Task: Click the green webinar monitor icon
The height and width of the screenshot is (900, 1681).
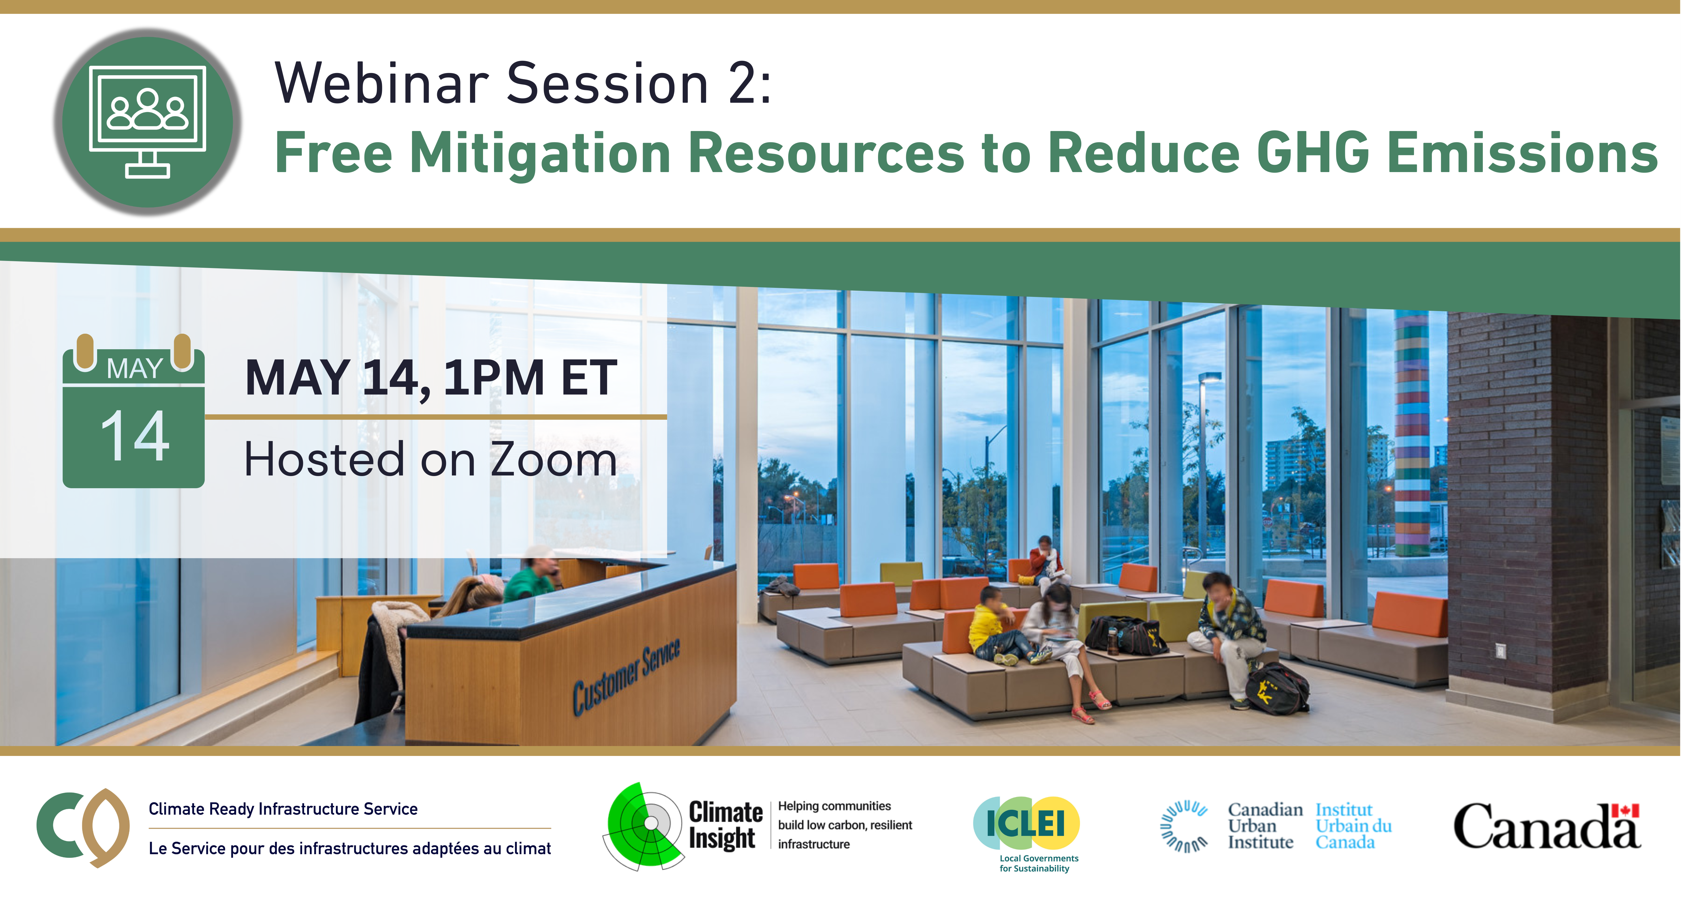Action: pos(148,122)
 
